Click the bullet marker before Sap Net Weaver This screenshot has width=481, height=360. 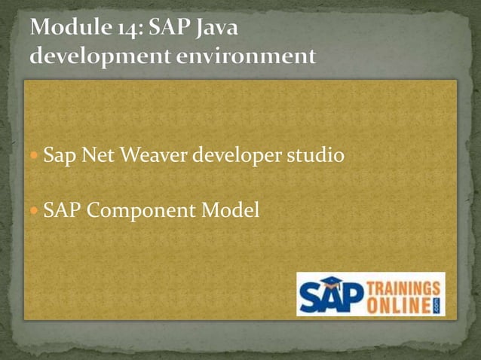tap(35, 157)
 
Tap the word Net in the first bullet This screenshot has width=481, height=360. tap(93, 156)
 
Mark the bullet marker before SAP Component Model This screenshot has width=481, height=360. tap(35, 212)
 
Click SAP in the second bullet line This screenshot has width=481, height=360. tap(63, 211)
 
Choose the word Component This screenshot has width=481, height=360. tap(141, 212)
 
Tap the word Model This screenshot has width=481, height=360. tap(229, 211)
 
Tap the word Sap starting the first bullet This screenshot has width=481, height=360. tap(59, 157)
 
